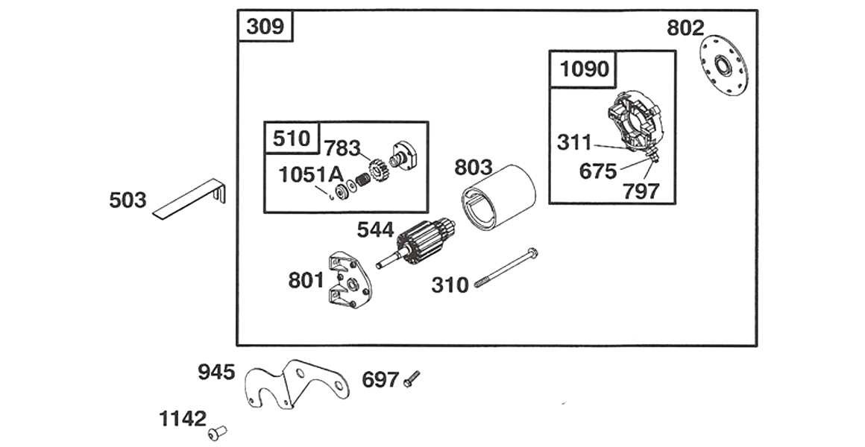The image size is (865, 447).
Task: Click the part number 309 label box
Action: (265, 27)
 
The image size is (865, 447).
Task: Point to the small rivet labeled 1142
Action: (218, 431)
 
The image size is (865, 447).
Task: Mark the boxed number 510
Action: (291, 138)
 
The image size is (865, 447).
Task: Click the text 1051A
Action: (310, 175)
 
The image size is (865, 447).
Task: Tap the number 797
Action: (641, 191)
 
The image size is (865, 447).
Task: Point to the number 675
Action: (598, 171)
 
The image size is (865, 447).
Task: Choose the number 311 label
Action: (574, 142)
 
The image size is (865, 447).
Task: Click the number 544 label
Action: (375, 229)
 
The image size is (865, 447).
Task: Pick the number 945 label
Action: (216, 372)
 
